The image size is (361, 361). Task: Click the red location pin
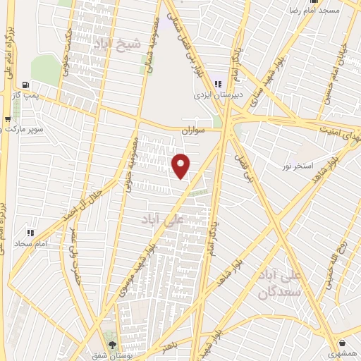click(x=182, y=166)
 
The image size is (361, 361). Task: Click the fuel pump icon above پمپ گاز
click(x=27, y=83)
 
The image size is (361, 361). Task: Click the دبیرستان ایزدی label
click(x=218, y=94)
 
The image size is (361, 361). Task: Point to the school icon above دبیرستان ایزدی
click(x=218, y=84)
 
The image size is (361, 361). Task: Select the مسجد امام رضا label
click(x=318, y=11)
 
